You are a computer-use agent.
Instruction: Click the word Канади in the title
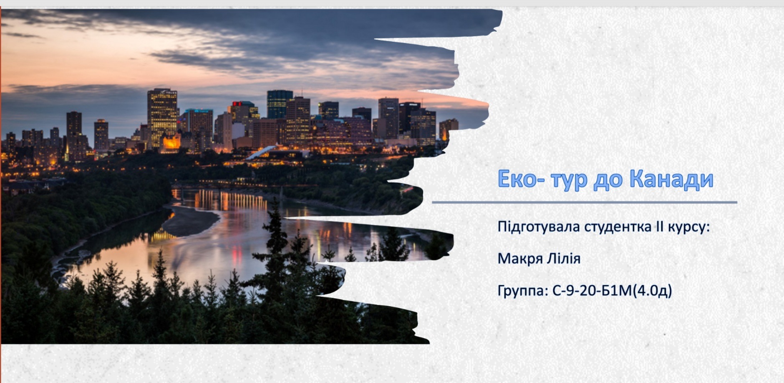click(x=671, y=179)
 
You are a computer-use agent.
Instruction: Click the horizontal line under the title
click(x=585, y=203)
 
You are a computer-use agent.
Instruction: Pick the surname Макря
click(x=520, y=259)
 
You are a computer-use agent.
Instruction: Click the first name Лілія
click(x=564, y=259)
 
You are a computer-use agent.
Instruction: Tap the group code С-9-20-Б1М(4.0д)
click(x=612, y=291)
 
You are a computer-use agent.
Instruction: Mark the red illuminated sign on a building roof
click(x=237, y=104)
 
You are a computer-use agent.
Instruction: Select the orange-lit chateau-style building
click(x=171, y=142)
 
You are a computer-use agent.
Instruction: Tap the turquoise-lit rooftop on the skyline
click(x=199, y=111)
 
